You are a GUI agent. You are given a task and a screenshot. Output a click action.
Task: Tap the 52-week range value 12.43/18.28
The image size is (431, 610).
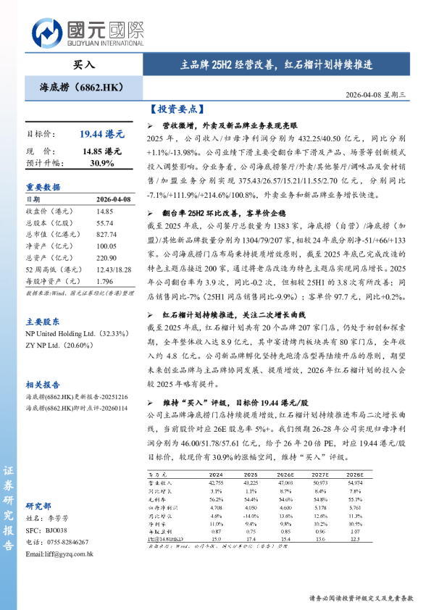(112, 269)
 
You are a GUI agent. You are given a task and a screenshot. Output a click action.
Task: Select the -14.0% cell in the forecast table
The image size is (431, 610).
(251, 514)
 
